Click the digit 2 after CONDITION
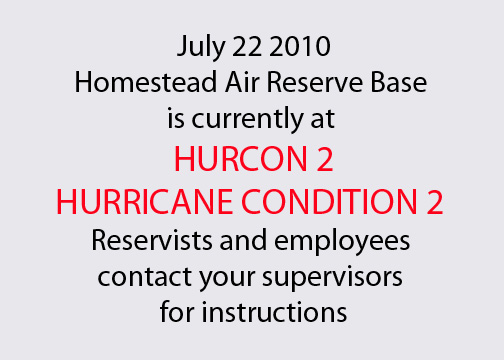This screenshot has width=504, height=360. point(432,200)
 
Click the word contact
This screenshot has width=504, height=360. point(126,275)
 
